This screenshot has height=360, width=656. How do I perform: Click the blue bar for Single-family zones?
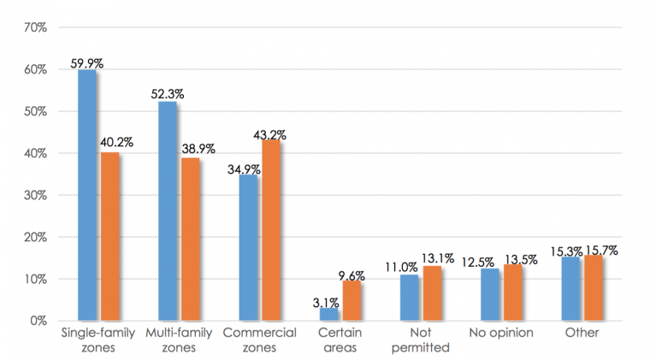point(87,195)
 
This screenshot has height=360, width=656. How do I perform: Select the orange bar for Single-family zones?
point(110,237)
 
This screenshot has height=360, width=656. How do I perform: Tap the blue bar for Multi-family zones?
point(168,211)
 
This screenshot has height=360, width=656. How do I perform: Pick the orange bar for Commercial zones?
point(271,230)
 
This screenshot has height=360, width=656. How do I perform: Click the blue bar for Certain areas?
point(328,315)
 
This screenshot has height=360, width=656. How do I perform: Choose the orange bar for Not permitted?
point(432,293)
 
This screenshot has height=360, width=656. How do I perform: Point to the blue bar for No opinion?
point(490,295)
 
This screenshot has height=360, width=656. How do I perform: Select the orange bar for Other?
point(594,288)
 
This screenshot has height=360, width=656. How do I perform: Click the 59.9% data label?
point(87,63)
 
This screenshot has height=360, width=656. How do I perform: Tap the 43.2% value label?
point(270,135)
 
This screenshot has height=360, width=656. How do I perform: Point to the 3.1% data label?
point(326,303)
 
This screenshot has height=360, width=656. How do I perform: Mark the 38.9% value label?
point(198,149)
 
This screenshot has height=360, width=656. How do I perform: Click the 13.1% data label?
point(438,258)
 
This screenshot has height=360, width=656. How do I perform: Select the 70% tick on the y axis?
point(35,27)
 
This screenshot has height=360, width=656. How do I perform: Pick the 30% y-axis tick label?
point(35,195)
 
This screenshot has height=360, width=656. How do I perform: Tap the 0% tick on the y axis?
point(38,321)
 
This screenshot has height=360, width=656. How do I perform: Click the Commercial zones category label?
point(259,340)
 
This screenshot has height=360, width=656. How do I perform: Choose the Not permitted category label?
point(421,340)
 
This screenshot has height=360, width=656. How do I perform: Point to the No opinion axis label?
point(501,333)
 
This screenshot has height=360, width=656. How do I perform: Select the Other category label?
point(582,333)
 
